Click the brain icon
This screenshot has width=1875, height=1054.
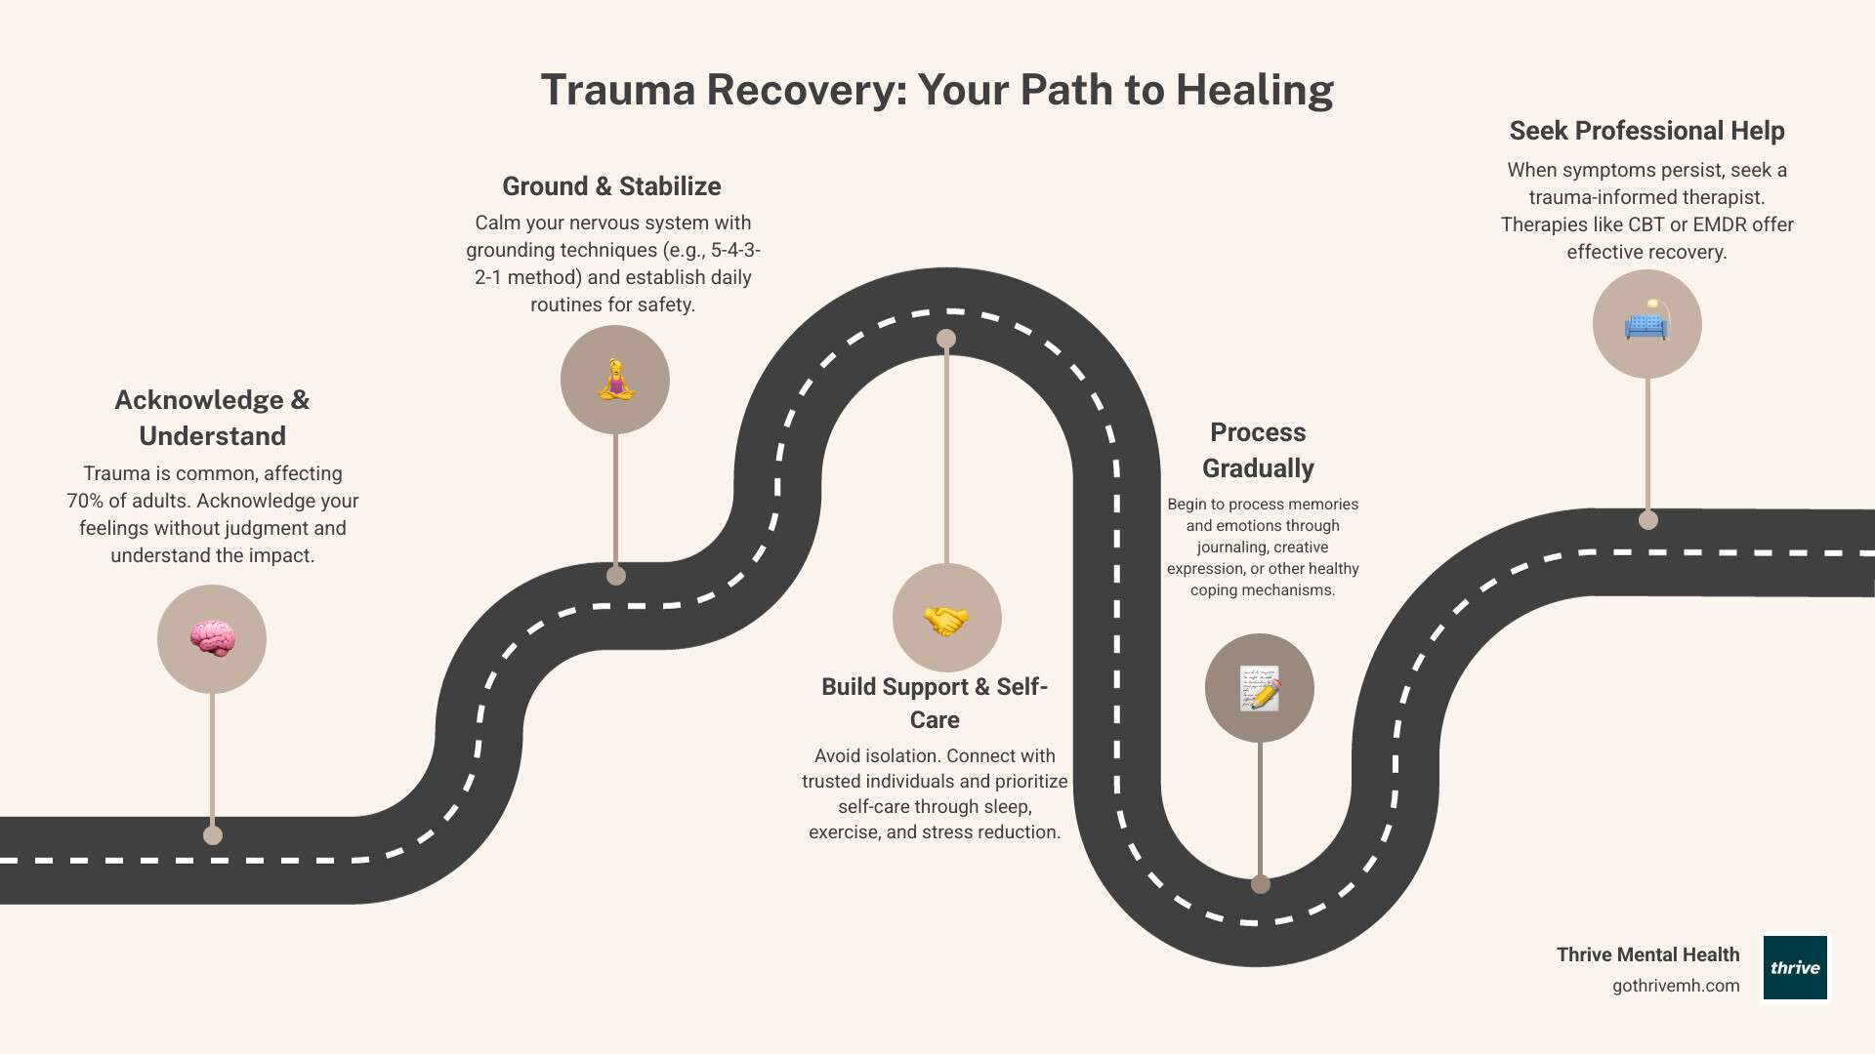coord(212,639)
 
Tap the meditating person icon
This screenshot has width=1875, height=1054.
coord(615,380)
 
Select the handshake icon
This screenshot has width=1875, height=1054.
coord(946,618)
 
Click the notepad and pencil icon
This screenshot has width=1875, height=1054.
coord(1260,688)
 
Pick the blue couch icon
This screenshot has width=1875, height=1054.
coord(1646,323)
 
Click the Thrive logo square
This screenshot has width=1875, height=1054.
coord(1795,967)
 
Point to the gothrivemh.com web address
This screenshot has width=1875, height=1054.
coord(1676,986)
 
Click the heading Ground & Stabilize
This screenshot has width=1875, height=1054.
coord(611,186)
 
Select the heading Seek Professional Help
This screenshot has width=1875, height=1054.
coord(1646,131)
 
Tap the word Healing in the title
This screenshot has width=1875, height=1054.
coord(1254,90)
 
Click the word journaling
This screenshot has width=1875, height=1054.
coord(1234,547)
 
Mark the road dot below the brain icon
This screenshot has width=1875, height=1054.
coord(213,835)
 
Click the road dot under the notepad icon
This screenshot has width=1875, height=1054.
coord(1261,884)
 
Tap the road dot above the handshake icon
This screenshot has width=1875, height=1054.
coord(946,339)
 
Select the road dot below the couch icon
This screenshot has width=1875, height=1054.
coord(1648,520)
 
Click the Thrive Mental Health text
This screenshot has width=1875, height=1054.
coord(1647,954)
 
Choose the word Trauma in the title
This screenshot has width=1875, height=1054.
coord(618,90)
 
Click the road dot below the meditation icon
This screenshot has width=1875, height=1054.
coord(616,576)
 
